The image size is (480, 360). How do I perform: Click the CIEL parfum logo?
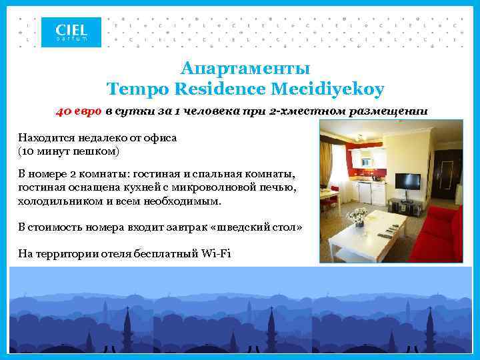click(x=71, y=32)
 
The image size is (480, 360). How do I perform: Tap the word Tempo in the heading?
click(x=133, y=88)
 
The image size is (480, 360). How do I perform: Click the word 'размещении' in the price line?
click(x=395, y=111)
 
